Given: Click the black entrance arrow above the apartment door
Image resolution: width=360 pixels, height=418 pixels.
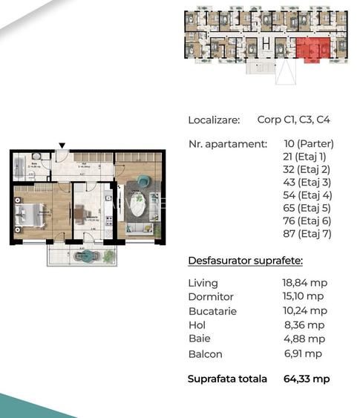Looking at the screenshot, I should point(62,146).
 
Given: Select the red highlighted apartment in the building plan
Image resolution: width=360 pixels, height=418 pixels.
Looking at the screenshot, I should point(312,50).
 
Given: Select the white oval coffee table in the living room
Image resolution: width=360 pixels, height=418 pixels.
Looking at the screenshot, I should point(138,203).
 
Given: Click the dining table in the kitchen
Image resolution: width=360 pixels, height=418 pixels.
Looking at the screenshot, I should point(79,214).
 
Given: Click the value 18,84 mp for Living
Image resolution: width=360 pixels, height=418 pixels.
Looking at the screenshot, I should point(305,283).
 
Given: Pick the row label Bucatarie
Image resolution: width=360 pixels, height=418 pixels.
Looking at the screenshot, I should point(212,311).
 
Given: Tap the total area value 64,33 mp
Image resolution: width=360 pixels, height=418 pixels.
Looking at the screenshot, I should point(307,379).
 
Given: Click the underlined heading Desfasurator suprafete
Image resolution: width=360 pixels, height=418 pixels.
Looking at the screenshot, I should point(245,261).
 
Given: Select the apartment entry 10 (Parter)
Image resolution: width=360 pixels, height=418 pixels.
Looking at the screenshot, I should point(309,143).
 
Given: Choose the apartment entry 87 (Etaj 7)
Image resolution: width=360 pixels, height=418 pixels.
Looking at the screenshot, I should point(307,234).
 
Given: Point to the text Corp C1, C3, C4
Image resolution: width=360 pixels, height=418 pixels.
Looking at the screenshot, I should point(293,119).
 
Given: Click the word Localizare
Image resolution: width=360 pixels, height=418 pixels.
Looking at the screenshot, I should point(214,119).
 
